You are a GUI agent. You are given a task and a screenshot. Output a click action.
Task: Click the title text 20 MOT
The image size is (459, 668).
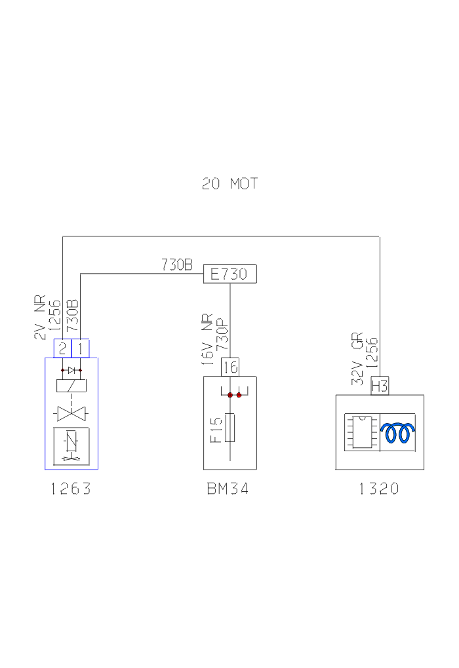point(229,184)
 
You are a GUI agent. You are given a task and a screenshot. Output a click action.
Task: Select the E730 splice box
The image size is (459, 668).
point(229,274)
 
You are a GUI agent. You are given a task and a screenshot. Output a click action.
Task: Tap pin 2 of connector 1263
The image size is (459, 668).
point(62,348)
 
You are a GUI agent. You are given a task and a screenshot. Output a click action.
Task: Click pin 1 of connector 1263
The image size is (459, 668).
point(80,348)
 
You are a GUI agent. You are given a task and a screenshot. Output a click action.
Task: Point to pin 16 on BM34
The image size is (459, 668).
point(229,367)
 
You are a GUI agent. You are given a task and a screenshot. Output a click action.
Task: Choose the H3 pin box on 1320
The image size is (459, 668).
point(380,386)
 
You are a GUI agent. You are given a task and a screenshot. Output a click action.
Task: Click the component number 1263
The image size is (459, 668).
point(71,489)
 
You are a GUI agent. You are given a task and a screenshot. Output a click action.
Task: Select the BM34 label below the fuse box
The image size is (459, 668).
point(229,489)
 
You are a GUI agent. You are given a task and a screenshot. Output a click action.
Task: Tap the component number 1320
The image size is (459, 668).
point(379,489)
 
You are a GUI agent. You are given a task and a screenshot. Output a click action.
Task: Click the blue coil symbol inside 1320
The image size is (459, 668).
point(398,432)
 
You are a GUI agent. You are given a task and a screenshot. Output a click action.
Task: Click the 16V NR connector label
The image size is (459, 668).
point(208,341)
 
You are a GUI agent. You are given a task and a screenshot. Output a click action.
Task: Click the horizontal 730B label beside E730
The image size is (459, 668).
point(177,265)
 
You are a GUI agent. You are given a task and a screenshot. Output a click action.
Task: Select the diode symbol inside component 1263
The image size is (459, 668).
point(71,371)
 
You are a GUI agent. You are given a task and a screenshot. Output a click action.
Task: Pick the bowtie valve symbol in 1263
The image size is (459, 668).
point(71,414)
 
